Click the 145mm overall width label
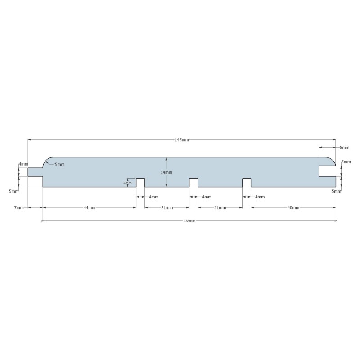(x=182, y=140)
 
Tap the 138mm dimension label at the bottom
(x=189, y=221)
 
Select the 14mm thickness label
(x=166, y=172)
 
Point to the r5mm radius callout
(x=59, y=165)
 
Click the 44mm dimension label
(x=89, y=208)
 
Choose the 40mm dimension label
(x=293, y=208)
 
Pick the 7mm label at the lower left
(x=19, y=208)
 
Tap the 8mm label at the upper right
(x=345, y=148)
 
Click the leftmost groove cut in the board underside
(x=140, y=183)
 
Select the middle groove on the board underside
(x=193, y=183)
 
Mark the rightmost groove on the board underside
(x=247, y=183)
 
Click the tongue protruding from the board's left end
(x=35, y=172)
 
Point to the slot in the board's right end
(x=327, y=171)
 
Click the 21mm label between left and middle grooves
(x=167, y=208)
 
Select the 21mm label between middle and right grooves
(x=220, y=208)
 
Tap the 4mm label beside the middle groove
(x=207, y=197)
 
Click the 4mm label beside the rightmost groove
(x=260, y=197)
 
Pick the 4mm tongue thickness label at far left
(x=23, y=164)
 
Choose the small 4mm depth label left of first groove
(x=127, y=183)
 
